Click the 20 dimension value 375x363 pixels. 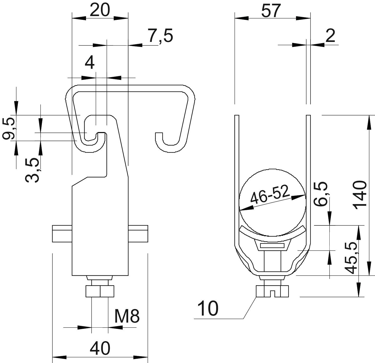click(x=100, y=10)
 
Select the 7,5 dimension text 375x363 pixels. click(x=160, y=36)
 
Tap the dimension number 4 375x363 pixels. click(x=90, y=63)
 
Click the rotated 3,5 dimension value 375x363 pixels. click(x=33, y=169)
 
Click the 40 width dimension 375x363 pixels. click(x=100, y=348)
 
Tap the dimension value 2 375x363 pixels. click(x=330, y=36)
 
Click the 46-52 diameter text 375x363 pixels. click(x=270, y=194)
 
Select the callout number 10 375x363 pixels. click(x=208, y=309)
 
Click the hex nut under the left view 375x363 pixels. click(x=100, y=291)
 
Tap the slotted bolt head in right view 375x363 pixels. click(x=272, y=291)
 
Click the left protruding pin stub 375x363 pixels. click(x=62, y=234)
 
